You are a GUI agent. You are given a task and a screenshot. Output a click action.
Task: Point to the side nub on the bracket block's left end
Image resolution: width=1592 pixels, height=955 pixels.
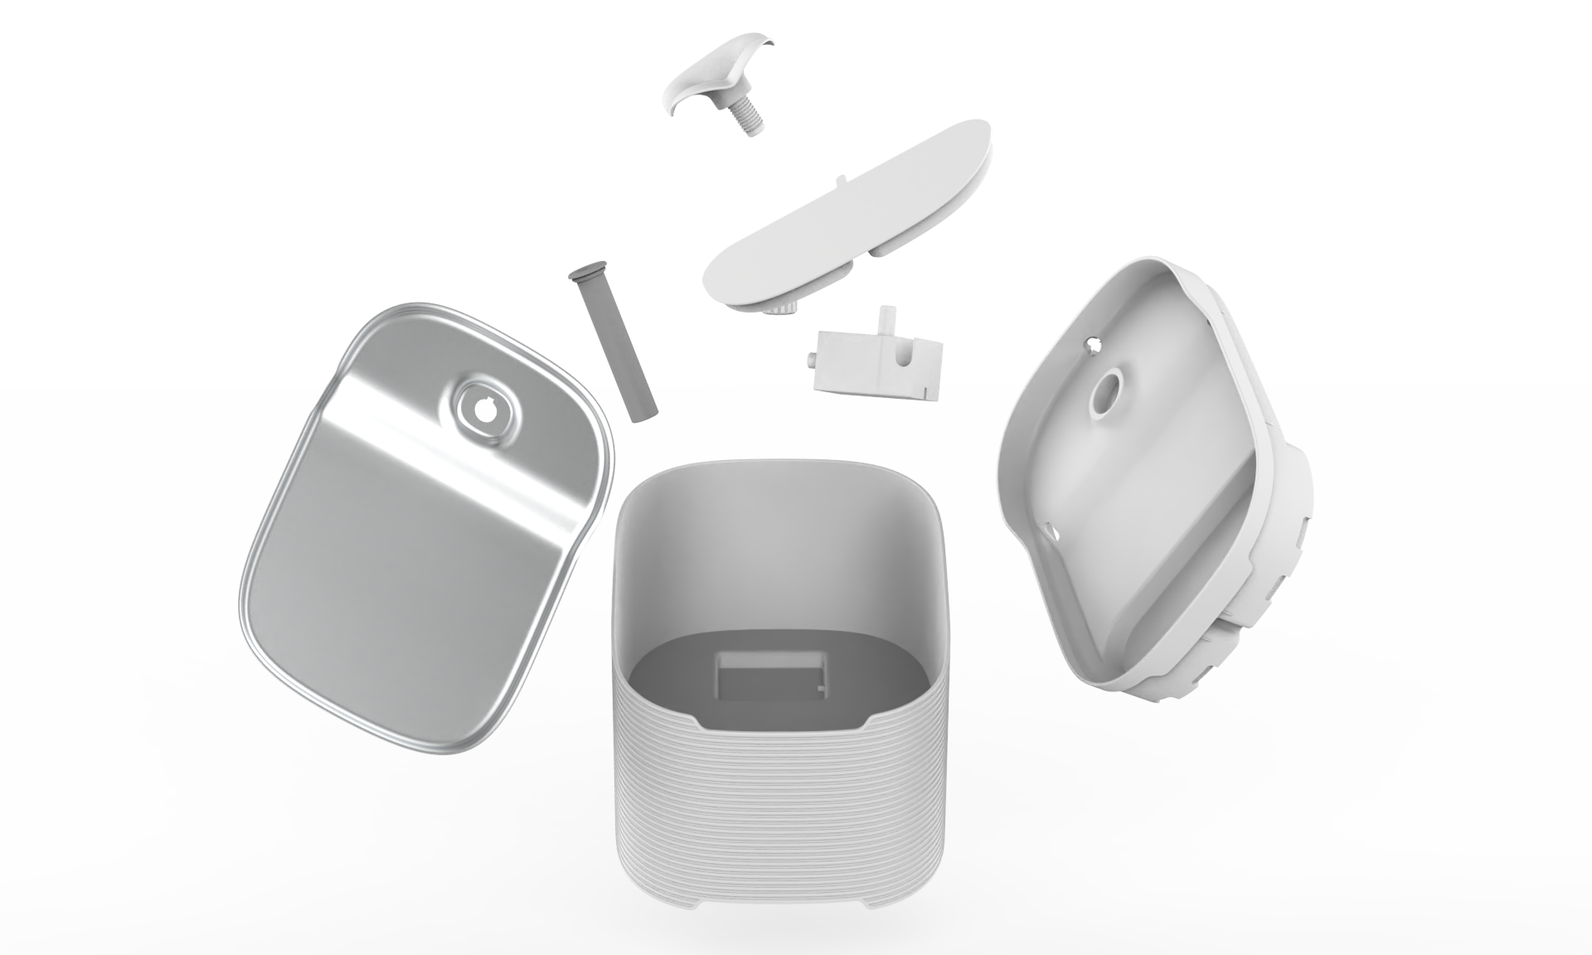808,359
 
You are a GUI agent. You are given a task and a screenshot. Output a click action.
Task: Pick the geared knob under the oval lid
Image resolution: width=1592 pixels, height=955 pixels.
780,309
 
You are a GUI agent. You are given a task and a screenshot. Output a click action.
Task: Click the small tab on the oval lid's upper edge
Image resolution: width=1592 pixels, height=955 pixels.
841,177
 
